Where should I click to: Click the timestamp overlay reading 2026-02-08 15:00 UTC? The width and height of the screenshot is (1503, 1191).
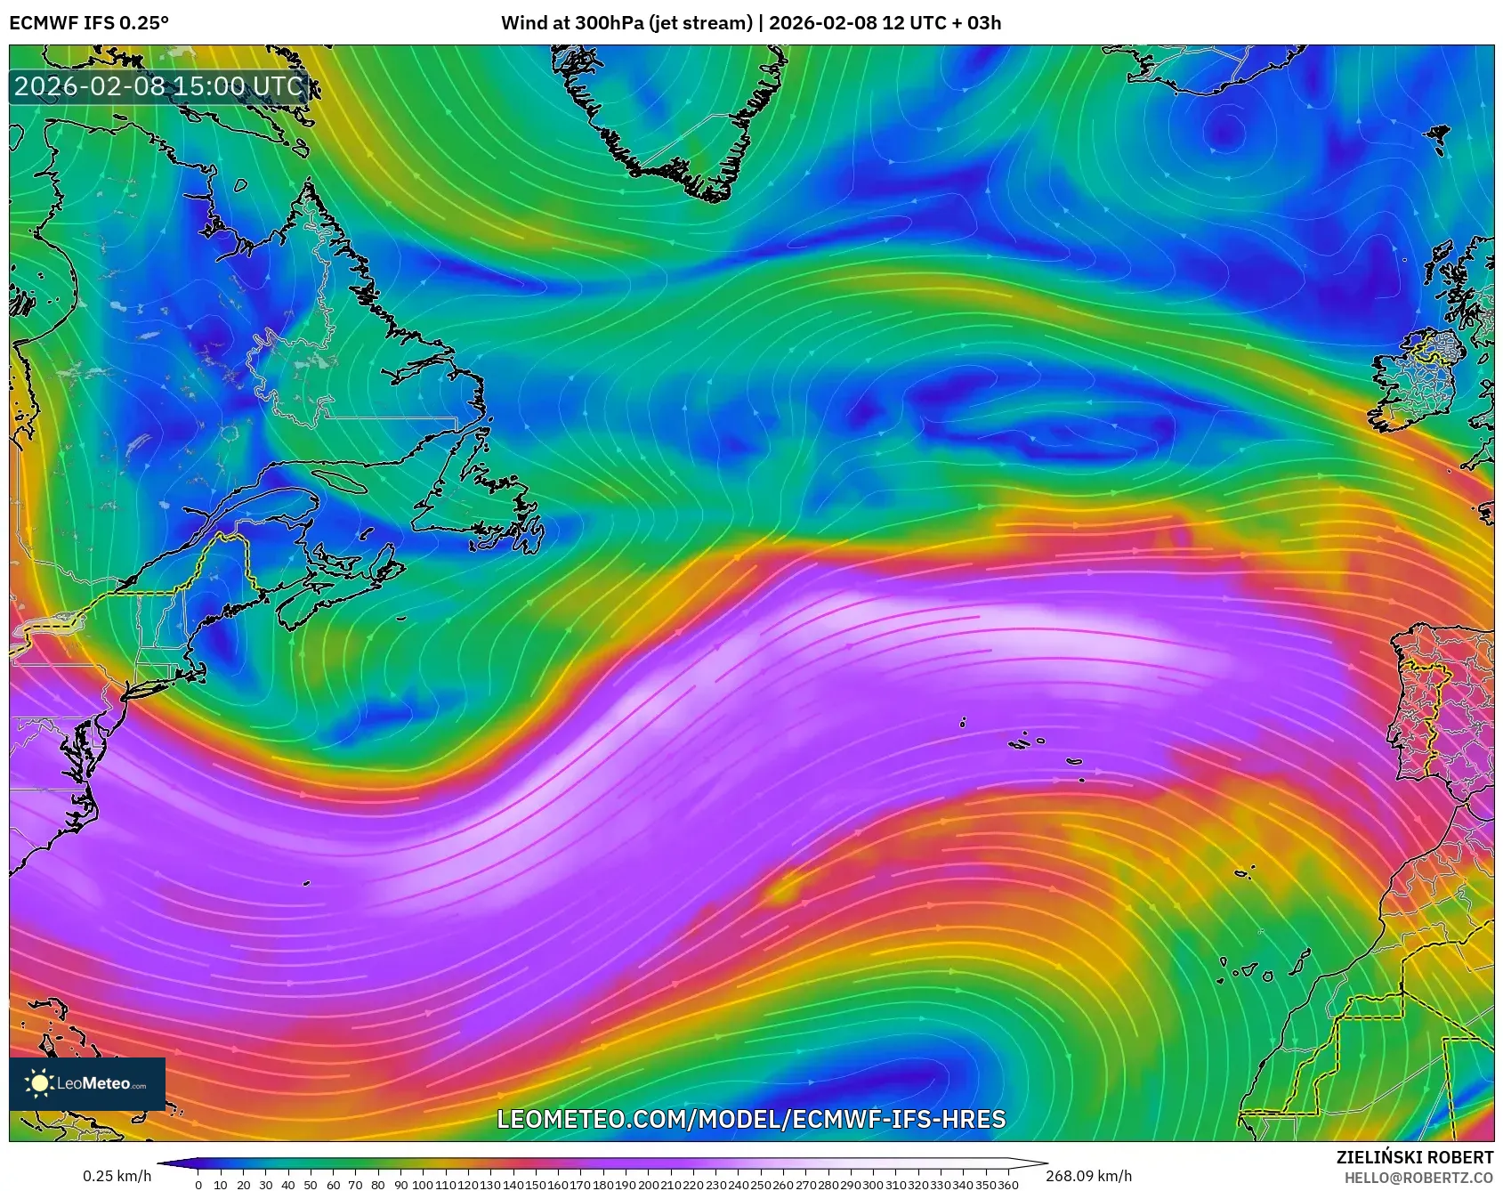[x=158, y=86]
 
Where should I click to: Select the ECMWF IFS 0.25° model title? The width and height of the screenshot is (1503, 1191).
[x=89, y=23]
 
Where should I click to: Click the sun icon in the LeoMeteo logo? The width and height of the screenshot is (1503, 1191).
[x=39, y=1083]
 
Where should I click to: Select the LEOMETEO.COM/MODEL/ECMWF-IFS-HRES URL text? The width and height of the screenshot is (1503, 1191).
[x=751, y=1119]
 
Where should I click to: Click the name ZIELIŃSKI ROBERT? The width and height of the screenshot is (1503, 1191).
[x=1414, y=1157]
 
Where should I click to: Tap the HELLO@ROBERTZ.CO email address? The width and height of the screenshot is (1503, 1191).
[x=1418, y=1178]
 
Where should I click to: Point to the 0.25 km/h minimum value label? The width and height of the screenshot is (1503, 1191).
[x=117, y=1177]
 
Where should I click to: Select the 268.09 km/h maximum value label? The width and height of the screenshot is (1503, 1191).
[x=1088, y=1177]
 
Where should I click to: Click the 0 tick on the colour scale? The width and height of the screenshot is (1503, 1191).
[x=198, y=1185]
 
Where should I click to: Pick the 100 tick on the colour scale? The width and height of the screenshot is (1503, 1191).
[x=423, y=1185]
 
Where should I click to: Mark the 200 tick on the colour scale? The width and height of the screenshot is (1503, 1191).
[x=649, y=1185]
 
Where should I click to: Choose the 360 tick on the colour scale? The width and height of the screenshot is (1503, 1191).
[x=1008, y=1185]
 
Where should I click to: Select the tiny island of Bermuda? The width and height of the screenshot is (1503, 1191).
[x=306, y=884]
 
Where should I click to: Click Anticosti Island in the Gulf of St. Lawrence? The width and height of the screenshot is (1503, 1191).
[x=338, y=482]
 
